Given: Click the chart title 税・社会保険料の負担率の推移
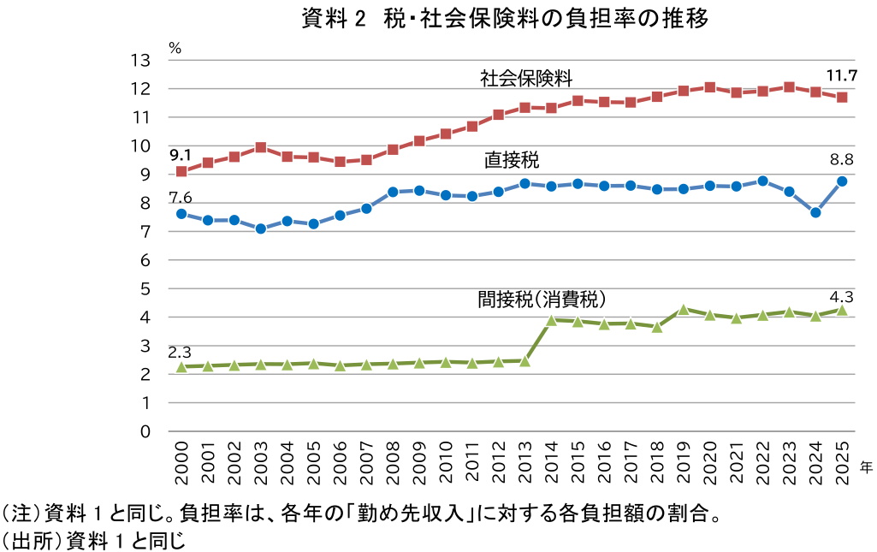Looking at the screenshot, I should coord(505,19).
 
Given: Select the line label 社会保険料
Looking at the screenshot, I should coord(525,79).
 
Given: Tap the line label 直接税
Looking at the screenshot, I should coord(512,160).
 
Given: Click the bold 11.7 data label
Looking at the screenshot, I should coord(841,74).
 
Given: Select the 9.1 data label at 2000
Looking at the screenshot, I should coord(180,155).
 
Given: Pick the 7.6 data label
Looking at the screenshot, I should coord(180,198).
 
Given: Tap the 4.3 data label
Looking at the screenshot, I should coord(842,297).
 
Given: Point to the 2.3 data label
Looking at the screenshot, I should coord(180,352).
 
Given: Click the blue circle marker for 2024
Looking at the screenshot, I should coord(815,212).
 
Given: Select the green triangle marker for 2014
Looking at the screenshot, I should coord(552,320).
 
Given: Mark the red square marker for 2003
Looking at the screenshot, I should coord(261,147).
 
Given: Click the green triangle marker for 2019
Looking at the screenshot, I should coord(684,310).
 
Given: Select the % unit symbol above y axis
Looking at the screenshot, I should coord(175,48).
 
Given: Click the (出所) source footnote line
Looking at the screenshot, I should coord(93,540).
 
